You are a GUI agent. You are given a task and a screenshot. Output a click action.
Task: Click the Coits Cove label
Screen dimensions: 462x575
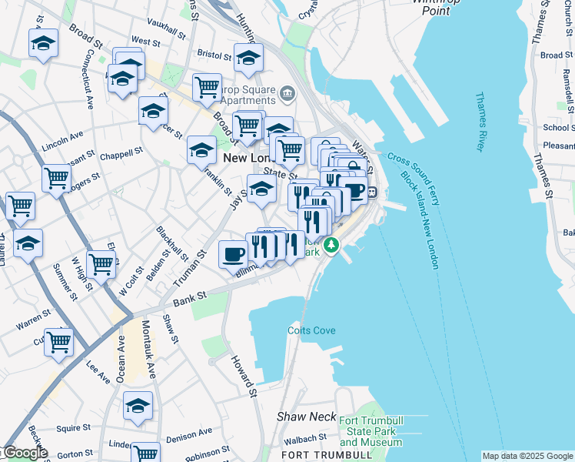(x=312, y=330)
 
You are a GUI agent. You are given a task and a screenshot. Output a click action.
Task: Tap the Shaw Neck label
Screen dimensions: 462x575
(x=307, y=417)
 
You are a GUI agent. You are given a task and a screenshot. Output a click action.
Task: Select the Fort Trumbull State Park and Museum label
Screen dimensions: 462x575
(x=370, y=432)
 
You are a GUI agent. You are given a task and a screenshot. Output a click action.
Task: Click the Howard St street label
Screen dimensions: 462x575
(x=244, y=377)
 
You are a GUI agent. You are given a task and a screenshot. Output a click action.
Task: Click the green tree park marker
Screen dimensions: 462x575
(x=331, y=246)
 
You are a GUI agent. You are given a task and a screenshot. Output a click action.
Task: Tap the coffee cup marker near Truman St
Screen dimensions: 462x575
(x=233, y=253)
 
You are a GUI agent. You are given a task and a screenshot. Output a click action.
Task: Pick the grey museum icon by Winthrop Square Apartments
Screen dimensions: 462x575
(x=287, y=94)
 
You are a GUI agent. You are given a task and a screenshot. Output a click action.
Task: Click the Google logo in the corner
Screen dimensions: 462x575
(x=25, y=453)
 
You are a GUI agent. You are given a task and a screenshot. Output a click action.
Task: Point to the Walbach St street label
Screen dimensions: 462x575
(x=305, y=439)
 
